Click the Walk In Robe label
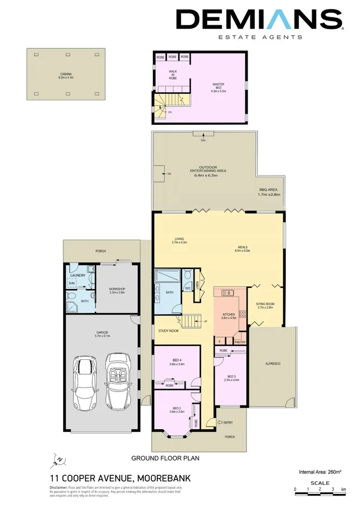click(173, 75)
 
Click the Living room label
click(179, 240)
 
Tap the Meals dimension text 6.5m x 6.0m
click(243, 251)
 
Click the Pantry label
click(240, 341)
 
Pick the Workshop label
click(116, 289)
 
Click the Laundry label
click(78, 275)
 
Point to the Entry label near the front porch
click(227, 422)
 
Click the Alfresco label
click(272, 364)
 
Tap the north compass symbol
click(58, 460)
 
